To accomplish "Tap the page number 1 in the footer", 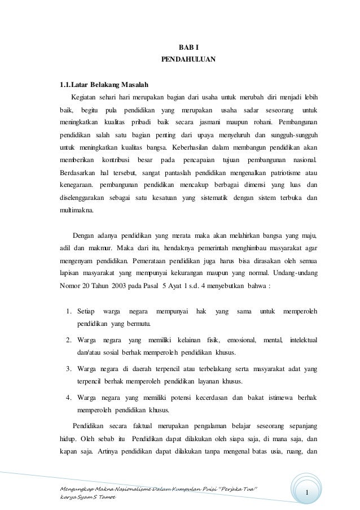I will tap(308, 496).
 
